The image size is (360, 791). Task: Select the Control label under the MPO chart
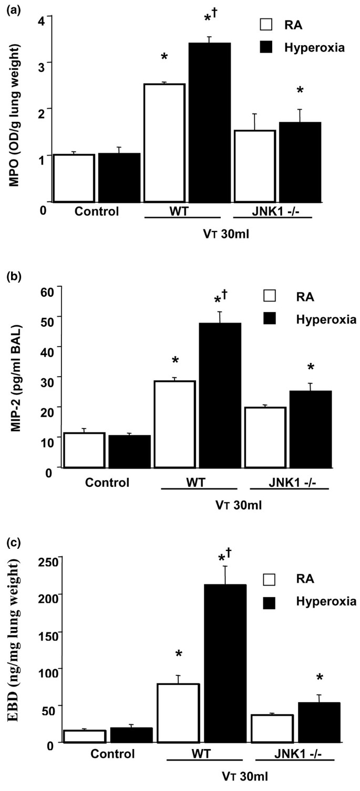(97, 213)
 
